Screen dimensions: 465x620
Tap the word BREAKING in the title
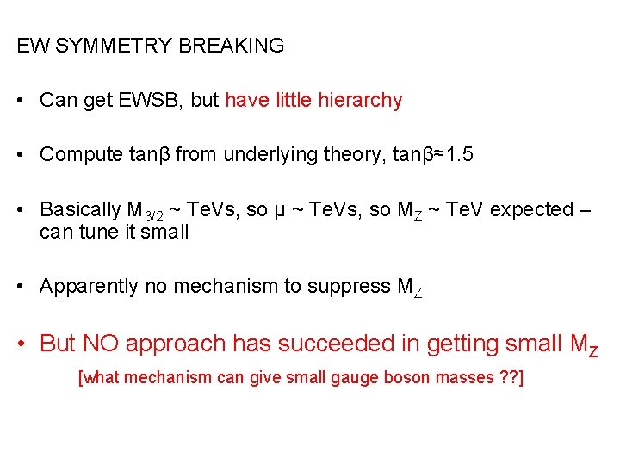[x=231, y=46]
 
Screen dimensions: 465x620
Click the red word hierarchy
[x=360, y=100]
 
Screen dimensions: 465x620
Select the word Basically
[x=81, y=209]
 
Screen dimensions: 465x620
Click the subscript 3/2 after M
[x=154, y=214]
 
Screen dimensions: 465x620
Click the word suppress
[x=345, y=287]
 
